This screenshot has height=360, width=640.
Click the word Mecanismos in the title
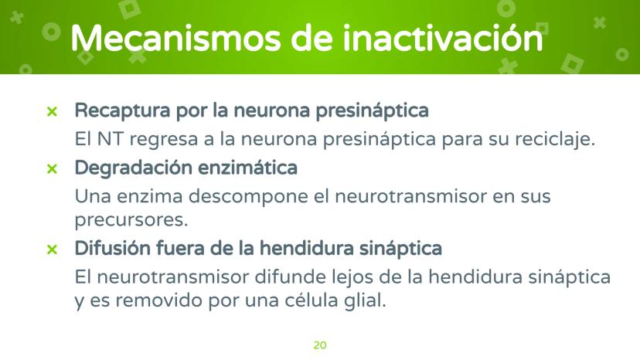click(x=176, y=39)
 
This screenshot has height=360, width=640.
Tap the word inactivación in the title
click(x=443, y=38)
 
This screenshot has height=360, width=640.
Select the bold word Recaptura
click(x=122, y=111)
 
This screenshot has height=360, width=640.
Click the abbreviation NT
click(x=111, y=139)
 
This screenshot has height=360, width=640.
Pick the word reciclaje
click(x=555, y=140)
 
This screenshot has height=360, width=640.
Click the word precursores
click(x=131, y=221)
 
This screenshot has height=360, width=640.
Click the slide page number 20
click(x=320, y=345)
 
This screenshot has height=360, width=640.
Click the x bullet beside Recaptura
click(x=52, y=111)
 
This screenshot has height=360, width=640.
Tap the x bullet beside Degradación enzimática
click(x=52, y=168)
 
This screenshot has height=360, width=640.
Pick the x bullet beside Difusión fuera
click(x=52, y=249)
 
